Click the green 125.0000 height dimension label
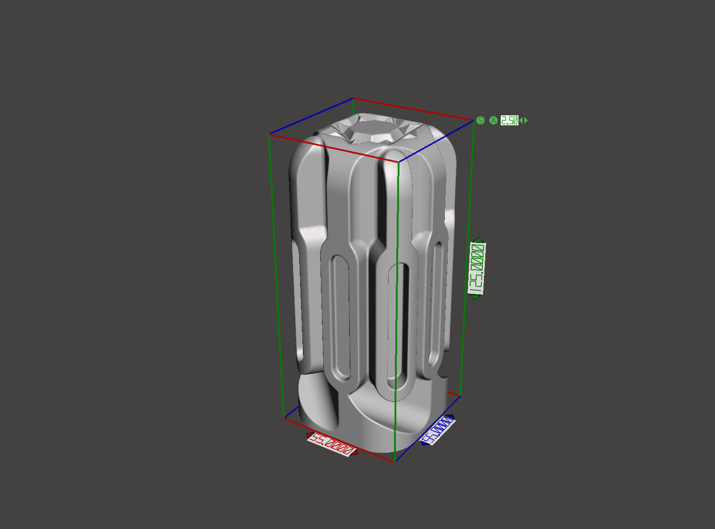(476, 268)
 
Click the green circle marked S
(481, 120)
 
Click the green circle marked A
(493, 120)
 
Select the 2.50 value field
(509, 120)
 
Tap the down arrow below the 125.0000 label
(475, 297)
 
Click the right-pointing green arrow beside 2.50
(526, 120)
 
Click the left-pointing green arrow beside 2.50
(521, 120)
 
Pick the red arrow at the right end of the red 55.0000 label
(355, 452)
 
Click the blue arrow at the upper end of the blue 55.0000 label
(453, 417)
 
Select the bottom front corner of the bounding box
(395, 462)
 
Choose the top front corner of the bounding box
(399, 162)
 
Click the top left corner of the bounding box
(269, 134)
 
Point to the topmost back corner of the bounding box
(353, 98)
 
